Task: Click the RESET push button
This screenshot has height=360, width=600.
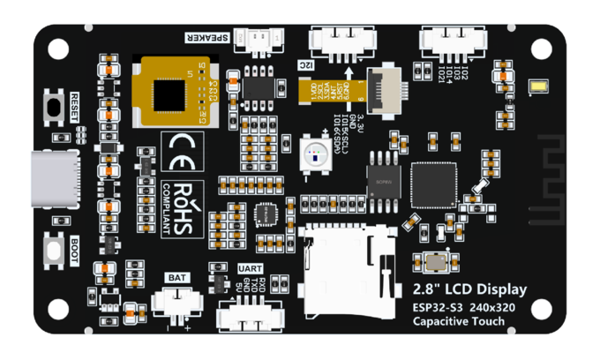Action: pos(56,108)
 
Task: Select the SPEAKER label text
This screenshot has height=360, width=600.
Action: pos(206,37)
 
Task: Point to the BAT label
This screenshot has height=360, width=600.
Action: pos(176,278)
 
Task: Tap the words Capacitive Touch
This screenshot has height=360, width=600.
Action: pos(459,321)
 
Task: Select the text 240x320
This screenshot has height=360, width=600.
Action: pos(492,307)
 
